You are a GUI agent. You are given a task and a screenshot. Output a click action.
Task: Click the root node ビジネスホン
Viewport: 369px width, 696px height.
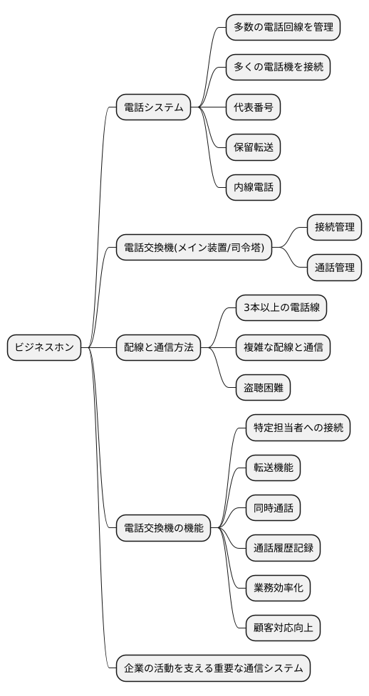[x=44, y=347]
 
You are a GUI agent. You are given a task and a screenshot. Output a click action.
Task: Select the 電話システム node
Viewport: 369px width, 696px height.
[x=154, y=108]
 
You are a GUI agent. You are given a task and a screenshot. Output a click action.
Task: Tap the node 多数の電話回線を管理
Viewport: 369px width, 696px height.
[x=283, y=27]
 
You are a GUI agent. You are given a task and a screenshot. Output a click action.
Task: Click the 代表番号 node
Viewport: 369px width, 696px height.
[x=253, y=108]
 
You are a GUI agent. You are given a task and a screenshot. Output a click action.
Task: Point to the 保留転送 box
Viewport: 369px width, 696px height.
[x=253, y=148]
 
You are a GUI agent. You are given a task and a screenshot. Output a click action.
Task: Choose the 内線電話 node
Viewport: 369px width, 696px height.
[x=253, y=189]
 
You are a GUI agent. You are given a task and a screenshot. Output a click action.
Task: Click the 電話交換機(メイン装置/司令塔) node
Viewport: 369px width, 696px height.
[x=194, y=248]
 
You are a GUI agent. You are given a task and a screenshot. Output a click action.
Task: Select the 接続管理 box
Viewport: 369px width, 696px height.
[x=334, y=228]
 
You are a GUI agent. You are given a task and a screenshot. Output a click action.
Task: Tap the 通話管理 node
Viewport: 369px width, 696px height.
[x=334, y=268]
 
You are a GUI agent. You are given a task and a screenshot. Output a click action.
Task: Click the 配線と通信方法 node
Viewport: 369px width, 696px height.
[x=159, y=347]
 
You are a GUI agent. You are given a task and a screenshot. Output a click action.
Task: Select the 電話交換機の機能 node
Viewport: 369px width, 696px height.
[x=164, y=528]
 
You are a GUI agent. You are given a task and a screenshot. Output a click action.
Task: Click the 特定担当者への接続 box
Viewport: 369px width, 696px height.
[x=298, y=428]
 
